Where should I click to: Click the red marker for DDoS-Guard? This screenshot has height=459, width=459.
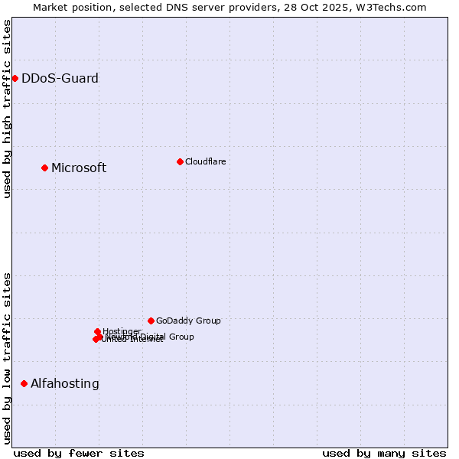pos(15,78)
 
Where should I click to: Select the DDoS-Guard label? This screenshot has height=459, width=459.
pos(60,78)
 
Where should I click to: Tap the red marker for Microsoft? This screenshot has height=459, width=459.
pos(44,168)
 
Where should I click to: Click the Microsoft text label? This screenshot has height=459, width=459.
pos(79,168)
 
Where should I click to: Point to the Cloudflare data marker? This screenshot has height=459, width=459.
pos(180,161)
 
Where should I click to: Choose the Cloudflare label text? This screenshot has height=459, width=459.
pos(205,161)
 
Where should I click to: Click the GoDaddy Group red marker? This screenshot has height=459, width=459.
pos(151,321)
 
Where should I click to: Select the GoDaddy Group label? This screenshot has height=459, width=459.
pos(188,321)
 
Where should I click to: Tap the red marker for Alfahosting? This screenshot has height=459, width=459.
pos(24,383)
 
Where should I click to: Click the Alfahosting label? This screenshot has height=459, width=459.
pos(65,384)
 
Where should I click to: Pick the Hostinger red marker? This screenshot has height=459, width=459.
pos(97,331)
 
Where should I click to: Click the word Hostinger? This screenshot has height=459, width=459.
pos(122,330)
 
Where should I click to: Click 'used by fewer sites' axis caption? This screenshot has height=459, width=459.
pos(79,453)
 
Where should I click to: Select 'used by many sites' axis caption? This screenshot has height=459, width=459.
pos(384,453)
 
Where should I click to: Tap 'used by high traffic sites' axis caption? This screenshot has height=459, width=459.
pos(7,109)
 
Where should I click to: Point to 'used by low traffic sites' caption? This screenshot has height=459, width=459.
pos(7,357)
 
